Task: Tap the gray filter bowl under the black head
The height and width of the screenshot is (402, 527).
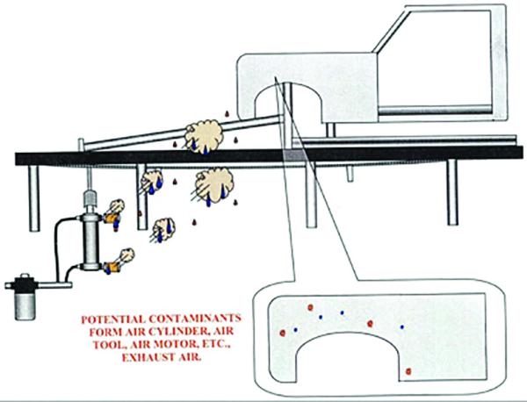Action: click(25, 307)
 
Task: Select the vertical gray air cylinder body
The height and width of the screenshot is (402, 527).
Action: click(91, 240)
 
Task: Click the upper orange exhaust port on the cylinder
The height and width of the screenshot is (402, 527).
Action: click(112, 219)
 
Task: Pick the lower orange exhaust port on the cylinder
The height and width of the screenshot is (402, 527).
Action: click(111, 268)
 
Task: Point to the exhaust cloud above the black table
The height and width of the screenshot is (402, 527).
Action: click(204, 136)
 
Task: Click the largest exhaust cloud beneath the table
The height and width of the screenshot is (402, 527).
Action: click(213, 185)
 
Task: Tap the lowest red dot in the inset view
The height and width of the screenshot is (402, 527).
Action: click(408, 371)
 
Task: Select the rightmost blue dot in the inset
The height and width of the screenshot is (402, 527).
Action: click(401, 327)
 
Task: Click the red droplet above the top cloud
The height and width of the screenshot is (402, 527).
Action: click(227, 113)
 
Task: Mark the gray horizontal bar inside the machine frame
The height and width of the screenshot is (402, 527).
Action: click(436, 110)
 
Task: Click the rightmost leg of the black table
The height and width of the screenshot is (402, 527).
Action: click(452, 192)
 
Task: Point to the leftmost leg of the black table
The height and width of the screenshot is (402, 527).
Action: click(34, 198)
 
